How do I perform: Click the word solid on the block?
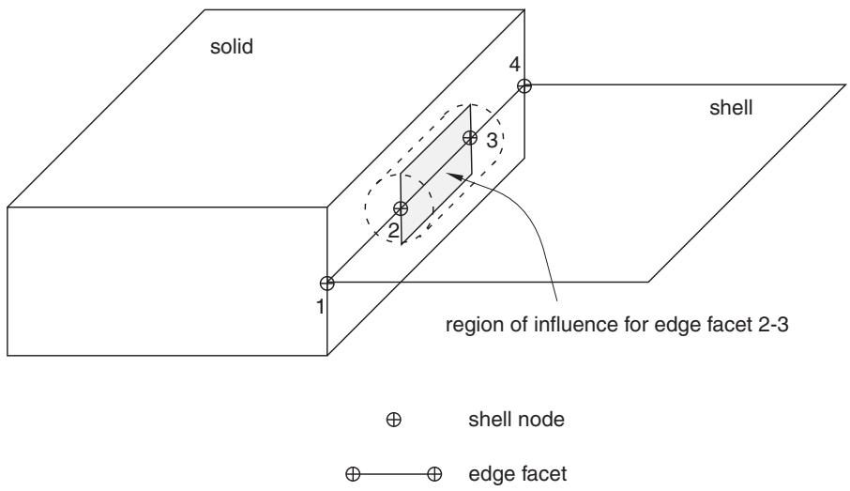point(232,47)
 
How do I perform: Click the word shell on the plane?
point(731,107)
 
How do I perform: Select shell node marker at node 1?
point(326,283)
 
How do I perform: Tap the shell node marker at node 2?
point(401,208)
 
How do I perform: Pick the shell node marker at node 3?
point(470,138)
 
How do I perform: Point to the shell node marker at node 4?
point(524,85)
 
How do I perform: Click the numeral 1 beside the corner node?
point(320,307)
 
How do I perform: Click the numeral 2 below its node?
point(393,231)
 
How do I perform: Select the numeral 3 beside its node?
point(492,141)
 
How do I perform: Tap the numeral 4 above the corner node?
point(514,65)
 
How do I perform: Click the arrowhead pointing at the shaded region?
point(454,176)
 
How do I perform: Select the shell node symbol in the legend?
point(393,420)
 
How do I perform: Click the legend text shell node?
point(516,420)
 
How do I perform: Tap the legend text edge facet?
point(518,474)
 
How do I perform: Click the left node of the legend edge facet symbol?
point(353,475)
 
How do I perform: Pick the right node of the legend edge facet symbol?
point(434,475)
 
